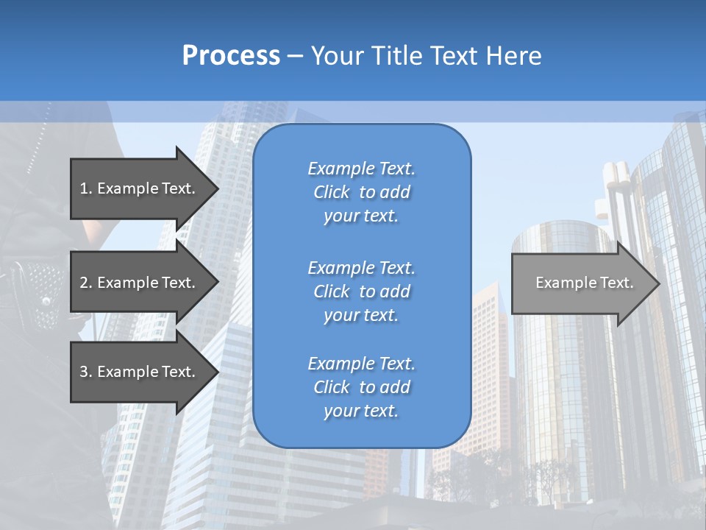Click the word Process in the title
[231, 56]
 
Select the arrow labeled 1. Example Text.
[140, 188]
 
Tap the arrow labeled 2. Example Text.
[140, 283]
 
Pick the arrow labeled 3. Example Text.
[140, 372]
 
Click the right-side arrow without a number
[581, 283]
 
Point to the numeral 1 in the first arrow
[83, 188]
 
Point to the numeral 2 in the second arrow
[84, 283]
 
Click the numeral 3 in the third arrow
[84, 372]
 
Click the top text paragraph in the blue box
[361, 192]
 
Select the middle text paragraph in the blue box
[361, 291]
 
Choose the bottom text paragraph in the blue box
[361, 387]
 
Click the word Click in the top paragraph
[331, 192]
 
